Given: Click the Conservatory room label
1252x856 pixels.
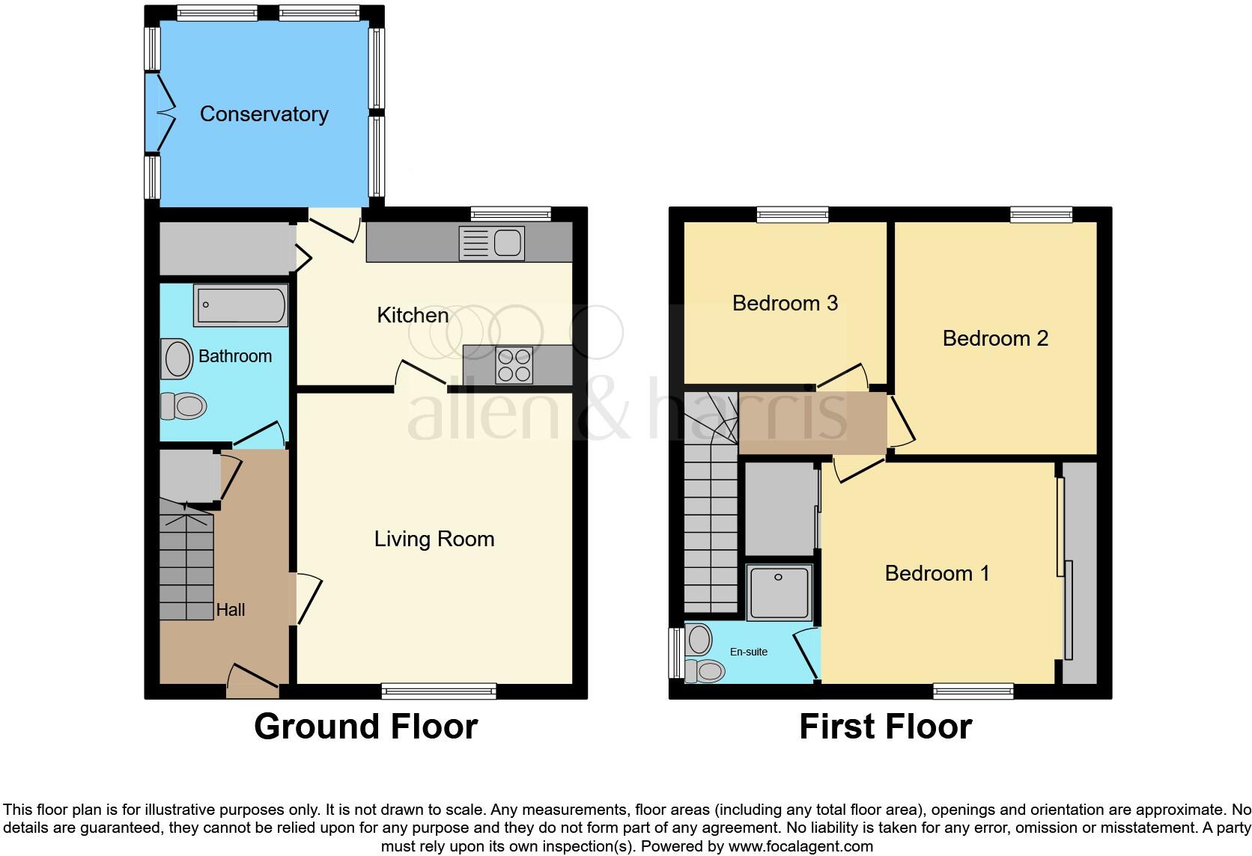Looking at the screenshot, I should tap(264, 114).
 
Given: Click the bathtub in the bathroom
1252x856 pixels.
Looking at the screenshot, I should tap(240, 305).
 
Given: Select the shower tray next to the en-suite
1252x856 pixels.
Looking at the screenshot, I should tap(779, 591).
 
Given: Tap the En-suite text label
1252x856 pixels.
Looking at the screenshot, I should tap(748, 652).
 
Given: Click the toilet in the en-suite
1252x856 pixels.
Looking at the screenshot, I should tap(705, 670).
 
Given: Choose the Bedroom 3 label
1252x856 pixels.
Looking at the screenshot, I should tap(785, 303).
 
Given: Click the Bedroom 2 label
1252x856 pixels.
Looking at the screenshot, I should tap(994, 338).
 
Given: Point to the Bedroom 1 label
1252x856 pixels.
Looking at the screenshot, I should tap(937, 573).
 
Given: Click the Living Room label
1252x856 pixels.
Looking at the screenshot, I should tap(434, 539).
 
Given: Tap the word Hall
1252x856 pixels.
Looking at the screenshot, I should tap(231, 610).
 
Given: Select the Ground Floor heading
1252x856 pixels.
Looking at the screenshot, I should tap(365, 727).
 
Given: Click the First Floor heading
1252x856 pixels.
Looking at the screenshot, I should tap(885, 727).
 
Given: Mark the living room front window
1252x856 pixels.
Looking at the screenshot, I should tap(439, 691).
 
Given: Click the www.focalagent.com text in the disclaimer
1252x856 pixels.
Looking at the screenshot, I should tap(800, 846).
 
